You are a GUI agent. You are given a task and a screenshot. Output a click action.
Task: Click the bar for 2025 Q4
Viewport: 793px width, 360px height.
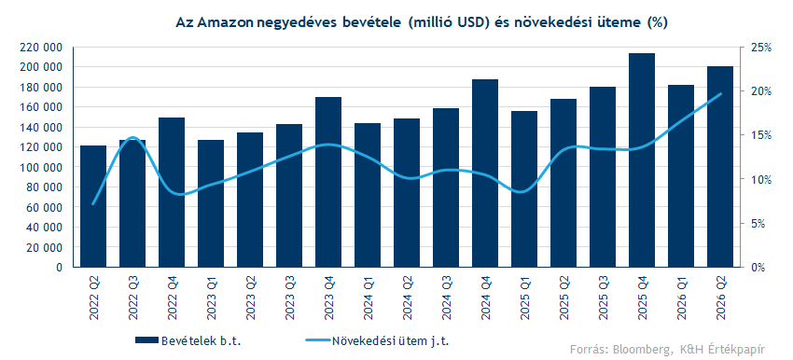(642, 159)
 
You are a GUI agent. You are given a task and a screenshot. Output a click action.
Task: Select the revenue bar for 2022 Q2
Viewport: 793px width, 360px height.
(93, 206)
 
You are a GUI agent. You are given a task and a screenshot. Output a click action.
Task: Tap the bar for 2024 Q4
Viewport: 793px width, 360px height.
(485, 173)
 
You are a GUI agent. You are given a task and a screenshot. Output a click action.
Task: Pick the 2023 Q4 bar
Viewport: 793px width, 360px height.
(328, 182)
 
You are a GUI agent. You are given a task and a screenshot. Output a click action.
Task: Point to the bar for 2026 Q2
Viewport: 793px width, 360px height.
(720, 166)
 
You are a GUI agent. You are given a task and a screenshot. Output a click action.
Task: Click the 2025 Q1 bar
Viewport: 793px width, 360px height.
(524, 189)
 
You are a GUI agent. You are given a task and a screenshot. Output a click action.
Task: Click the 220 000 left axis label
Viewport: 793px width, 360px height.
(41, 48)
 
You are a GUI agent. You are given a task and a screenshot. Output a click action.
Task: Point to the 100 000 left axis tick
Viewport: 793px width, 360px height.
(41, 167)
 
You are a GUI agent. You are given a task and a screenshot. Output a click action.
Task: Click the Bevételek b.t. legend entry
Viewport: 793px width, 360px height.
(188, 340)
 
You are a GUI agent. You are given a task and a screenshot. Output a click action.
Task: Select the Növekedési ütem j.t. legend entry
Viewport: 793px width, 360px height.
(377, 340)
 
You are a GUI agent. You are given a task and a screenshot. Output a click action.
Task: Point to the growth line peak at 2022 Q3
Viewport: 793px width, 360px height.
(132, 137)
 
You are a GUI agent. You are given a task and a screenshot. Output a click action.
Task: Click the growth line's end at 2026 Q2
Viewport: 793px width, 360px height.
(720, 93)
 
